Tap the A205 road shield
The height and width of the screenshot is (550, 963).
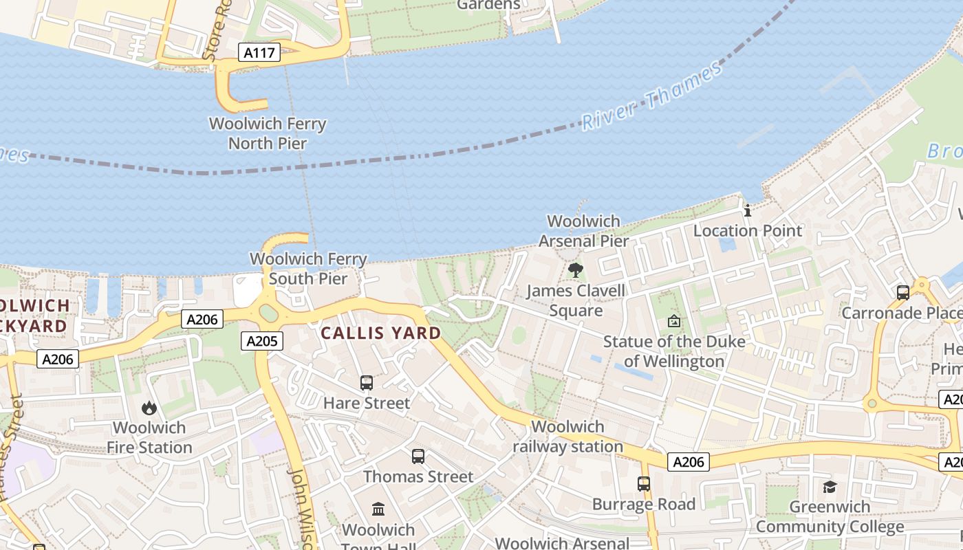point(263,340)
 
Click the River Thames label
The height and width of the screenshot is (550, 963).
point(652,95)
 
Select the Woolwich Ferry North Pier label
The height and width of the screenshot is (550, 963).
point(268,133)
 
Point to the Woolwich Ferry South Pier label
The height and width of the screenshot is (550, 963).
point(308,269)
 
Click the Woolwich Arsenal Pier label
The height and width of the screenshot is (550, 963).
point(583,231)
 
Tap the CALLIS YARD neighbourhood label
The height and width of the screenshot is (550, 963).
point(381,333)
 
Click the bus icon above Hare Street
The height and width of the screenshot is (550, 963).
point(367,383)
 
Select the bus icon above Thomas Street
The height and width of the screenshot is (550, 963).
point(418,456)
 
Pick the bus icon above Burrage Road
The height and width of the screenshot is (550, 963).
point(644,484)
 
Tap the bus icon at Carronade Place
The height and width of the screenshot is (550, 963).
point(903,293)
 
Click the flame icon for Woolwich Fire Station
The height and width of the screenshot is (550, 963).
point(149,408)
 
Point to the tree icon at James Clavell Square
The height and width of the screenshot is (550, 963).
point(576,270)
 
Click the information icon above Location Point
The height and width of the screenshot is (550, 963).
point(748,210)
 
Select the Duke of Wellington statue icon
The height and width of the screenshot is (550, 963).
point(674,321)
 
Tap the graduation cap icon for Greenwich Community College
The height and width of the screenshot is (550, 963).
point(830,487)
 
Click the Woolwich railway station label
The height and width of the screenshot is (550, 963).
point(568,437)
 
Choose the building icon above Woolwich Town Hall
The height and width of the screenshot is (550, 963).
point(378,509)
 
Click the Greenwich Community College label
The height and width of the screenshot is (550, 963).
point(830,517)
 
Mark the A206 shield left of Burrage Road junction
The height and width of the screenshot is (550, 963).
point(689,462)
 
